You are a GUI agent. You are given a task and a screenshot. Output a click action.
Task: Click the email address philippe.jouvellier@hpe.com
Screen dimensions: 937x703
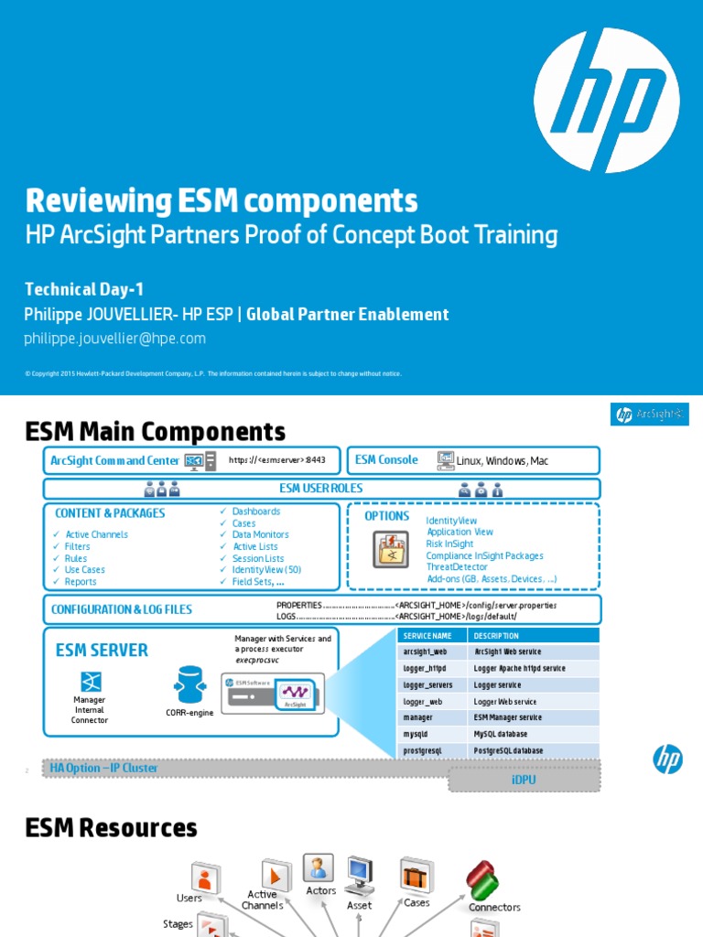click(x=114, y=339)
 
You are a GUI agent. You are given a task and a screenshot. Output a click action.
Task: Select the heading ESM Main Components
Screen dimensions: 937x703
click(x=155, y=431)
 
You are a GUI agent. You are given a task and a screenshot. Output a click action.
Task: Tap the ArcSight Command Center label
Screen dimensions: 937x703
click(x=114, y=460)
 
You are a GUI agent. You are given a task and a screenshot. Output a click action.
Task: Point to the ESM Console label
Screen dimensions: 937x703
click(x=386, y=460)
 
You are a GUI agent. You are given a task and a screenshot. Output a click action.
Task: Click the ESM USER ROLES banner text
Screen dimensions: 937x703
click(x=320, y=489)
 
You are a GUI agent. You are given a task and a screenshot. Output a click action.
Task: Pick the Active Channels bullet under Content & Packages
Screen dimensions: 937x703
click(x=96, y=534)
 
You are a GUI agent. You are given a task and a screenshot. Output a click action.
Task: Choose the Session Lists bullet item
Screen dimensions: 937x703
click(x=258, y=558)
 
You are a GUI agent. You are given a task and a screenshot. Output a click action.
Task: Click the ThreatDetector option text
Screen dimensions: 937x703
click(x=457, y=567)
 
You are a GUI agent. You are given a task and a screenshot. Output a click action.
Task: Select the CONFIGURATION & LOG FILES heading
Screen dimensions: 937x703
click(x=122, y=609)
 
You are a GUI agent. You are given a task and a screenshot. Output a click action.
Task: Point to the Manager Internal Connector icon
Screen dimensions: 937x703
click(x=90, y=681)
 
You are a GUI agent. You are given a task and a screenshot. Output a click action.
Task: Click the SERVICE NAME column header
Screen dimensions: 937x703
click(x=427, y=636)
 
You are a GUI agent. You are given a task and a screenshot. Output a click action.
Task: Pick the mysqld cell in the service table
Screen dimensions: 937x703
click(x=416, y=735)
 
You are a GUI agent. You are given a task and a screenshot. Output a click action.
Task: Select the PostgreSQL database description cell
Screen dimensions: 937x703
click(x=508, y=751)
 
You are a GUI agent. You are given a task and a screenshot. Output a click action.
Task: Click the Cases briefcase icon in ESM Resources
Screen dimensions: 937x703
click(x=416, y=877)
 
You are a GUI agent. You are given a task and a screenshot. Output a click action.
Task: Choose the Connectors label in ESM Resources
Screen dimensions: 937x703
click(x=494, y=908)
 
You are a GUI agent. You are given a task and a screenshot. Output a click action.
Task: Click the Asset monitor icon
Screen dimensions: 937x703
click(x=359, y=876)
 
